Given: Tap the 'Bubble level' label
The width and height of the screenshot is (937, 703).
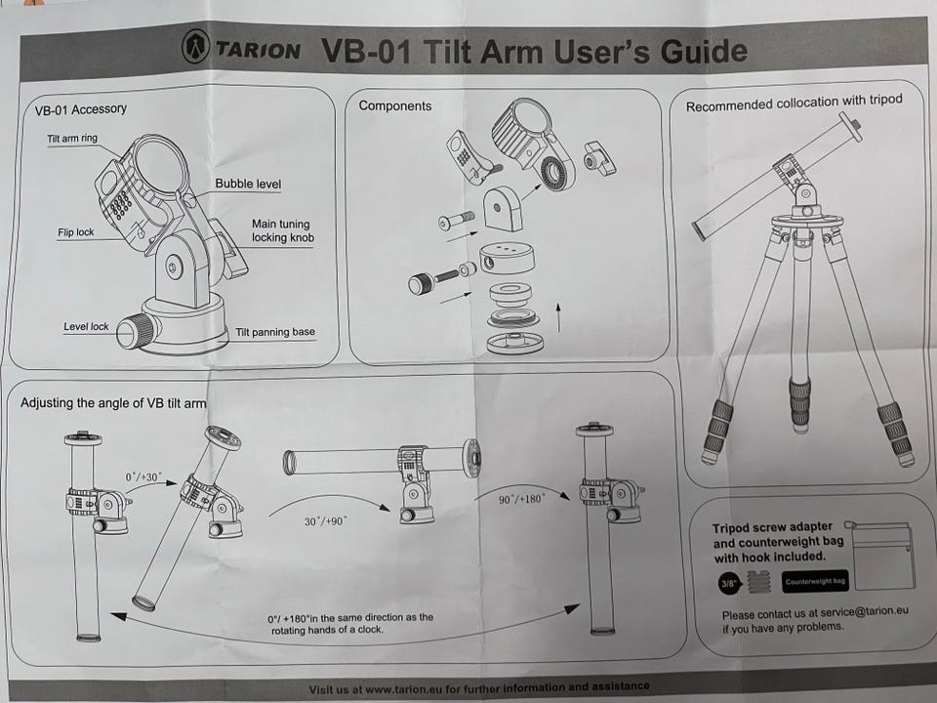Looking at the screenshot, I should (248, 184).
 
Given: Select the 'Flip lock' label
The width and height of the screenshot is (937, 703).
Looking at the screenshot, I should (75, 232).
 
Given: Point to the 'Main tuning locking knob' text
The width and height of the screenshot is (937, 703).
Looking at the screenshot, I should (283, 230).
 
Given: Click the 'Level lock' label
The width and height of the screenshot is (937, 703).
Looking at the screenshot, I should (86, 326).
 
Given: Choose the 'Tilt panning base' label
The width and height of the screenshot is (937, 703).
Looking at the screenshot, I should (275, 332).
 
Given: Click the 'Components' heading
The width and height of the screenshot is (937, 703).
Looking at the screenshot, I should (394, 105).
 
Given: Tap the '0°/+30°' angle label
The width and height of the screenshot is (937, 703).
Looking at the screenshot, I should (143, 476).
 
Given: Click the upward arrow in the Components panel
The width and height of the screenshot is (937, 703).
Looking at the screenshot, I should (558, 318).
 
